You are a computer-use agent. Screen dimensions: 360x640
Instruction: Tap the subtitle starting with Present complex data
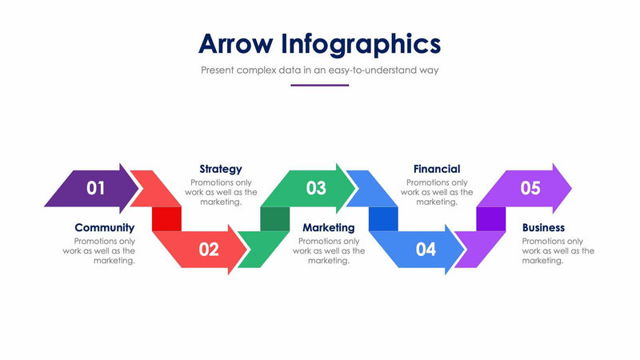click(319, 70)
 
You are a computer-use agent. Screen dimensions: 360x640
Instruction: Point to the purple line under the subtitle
click(319, 85)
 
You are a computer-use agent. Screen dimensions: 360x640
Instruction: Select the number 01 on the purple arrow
click(96, 189)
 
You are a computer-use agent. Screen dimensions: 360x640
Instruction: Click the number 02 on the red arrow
click(209, 250)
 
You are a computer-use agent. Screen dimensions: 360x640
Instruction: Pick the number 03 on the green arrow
click(316, 189)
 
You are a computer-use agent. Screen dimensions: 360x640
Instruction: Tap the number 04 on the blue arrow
click(426, 250)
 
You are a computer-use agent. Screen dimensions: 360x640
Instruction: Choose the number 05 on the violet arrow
click(530, 189)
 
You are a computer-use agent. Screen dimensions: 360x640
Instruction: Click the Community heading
click(104, 228)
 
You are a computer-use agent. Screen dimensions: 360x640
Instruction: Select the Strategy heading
click(220, 169)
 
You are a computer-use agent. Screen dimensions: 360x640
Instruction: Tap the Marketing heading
click(328, 228)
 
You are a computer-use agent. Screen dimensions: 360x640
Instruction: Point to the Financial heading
click(436, 169)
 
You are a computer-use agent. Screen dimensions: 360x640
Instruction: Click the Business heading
click(543, 228)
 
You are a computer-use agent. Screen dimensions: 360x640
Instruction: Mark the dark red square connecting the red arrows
click(166, 218)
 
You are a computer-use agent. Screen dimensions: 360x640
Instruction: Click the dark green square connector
click(275, 218)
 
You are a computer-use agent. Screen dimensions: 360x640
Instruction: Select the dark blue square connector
click(383, 218)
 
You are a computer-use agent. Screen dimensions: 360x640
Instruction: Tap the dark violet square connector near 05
click(491, 218)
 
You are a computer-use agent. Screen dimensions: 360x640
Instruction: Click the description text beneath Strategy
click(222, 192)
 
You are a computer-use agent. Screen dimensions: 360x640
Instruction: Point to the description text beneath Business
click(558, 250)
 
